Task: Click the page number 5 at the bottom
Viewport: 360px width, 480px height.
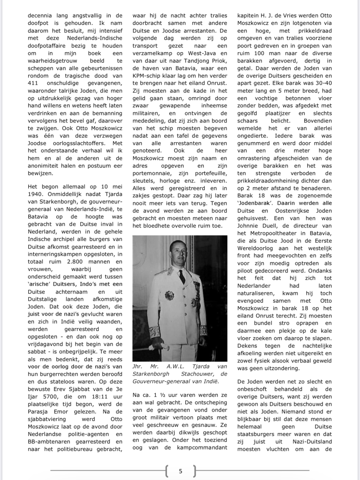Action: tap(180, 471)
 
